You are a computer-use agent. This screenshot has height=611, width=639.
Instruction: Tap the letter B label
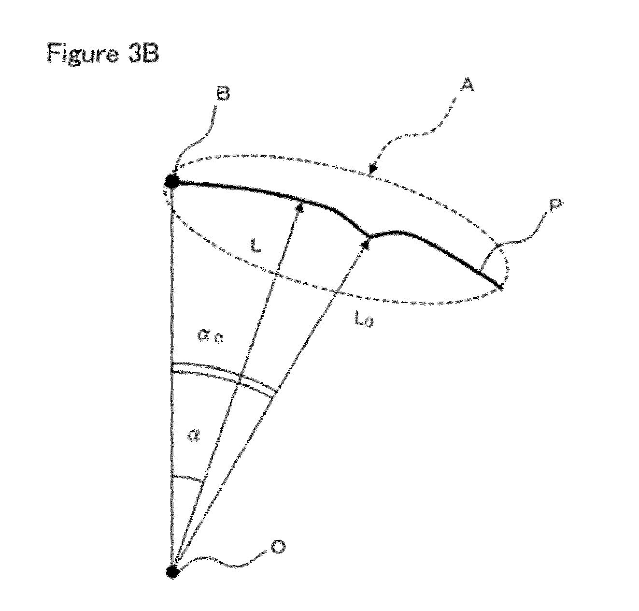click(x=223, y=94)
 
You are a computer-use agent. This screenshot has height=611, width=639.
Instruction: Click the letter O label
click(x=277, y=547)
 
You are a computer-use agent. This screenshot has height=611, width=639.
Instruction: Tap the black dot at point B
click(x=172, y=181)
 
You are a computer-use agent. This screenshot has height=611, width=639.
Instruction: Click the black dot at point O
click(x=172, y=572)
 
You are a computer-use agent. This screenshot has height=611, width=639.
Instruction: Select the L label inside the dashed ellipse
click(x=255, y=245)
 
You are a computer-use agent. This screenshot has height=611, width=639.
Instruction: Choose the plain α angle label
click(x=193, y=436)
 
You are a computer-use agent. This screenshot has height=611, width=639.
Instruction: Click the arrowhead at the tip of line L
click(x=299, y=207)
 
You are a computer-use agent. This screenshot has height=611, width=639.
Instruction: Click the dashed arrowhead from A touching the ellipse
click(x=373, y=168)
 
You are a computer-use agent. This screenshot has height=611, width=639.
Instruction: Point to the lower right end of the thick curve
click(x=501, y=289)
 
